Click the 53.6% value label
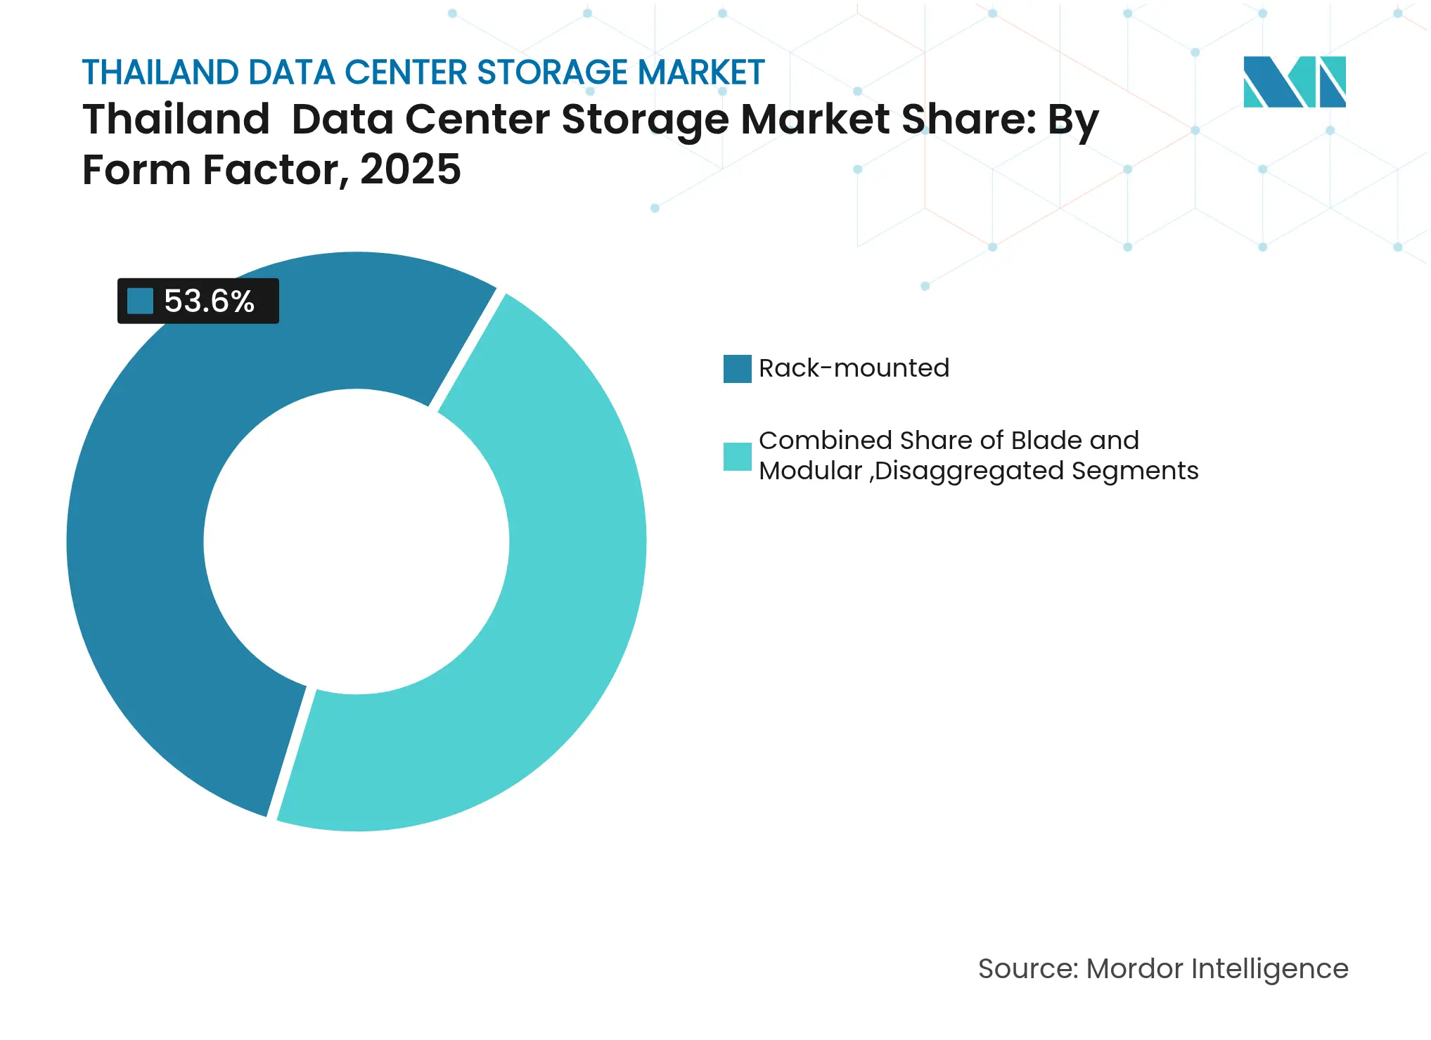click(209, 301)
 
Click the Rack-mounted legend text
click(854, 368)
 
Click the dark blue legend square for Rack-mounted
click(737, 369)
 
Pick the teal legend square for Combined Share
click(737, 456)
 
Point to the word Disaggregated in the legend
click(969, 471)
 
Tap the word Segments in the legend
click(1134, 471)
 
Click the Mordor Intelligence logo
click(1294, 82)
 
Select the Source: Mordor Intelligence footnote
click(1163, 968)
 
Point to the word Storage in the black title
click(645, 119)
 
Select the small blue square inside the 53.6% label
click(140, 301)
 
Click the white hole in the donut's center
click(357, 541)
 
